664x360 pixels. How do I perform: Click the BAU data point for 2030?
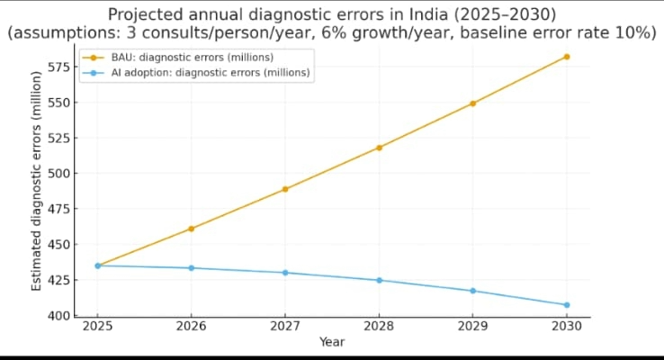tap(567, 57)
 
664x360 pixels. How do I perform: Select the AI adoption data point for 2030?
tap(567, 305)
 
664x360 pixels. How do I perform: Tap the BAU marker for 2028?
tap(380, 148)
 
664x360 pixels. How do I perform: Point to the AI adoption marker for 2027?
tap(285, 273)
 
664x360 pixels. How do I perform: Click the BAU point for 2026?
tap(192, 229)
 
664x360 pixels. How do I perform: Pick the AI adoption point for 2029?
tap(473, 291)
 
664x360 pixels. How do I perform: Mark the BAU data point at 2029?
tap(473, 103)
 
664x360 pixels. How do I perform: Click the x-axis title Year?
tap(332, 343)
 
